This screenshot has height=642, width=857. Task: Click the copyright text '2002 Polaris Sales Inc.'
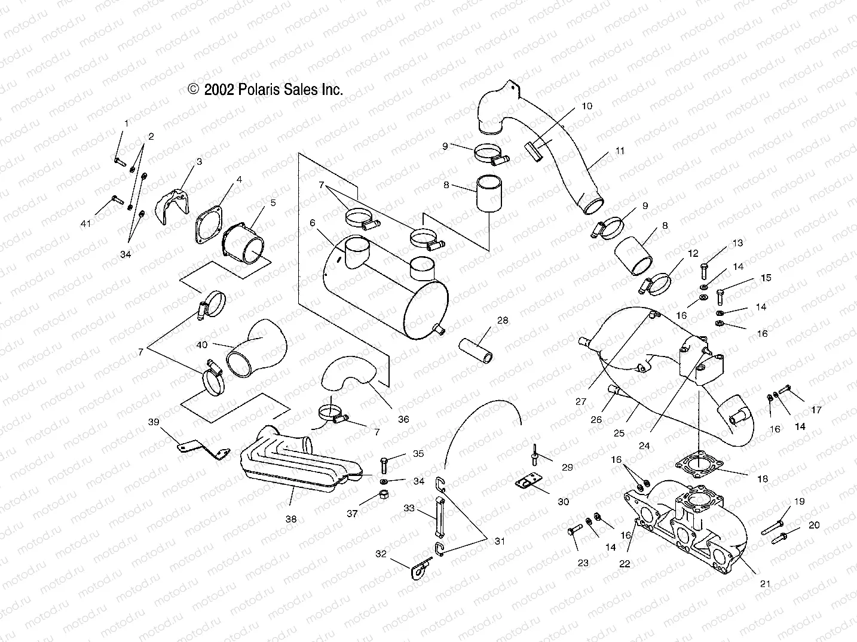click(x=266, y=90)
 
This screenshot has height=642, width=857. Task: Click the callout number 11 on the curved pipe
click(x=620, y=151)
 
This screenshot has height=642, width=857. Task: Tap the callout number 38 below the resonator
click(x=290, y=519)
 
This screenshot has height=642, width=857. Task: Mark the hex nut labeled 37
click(x=385, y=496)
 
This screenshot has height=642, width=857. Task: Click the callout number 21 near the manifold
click(x=765, y=583)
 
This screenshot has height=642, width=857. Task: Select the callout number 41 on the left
click(x=86, y=223)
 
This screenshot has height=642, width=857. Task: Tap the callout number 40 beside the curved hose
click(x=202, y=345)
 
